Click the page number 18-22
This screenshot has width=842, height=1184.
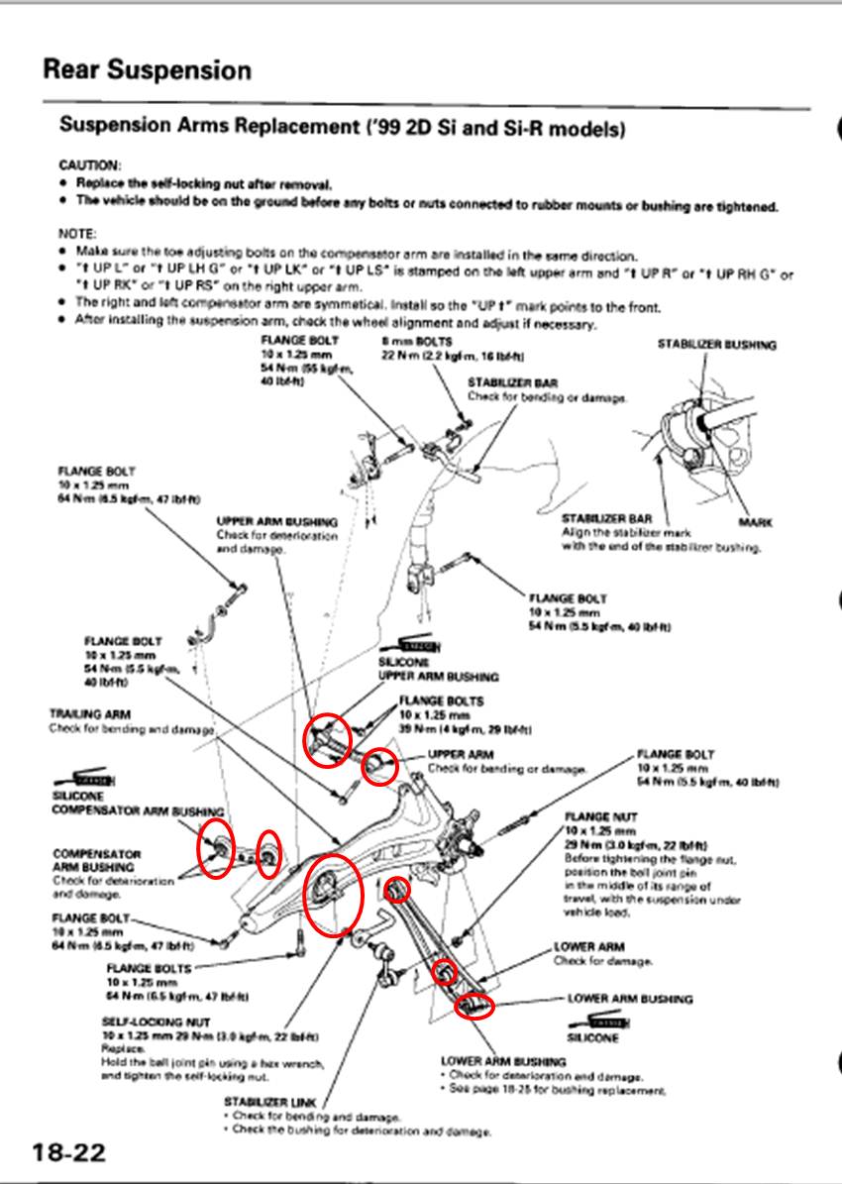click(x=67, y=1152)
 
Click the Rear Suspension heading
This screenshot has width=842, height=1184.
click(x=147, y=70)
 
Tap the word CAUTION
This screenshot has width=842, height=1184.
click(x=90, y=164)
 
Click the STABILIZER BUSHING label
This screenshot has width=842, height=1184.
click(x=717, y=345)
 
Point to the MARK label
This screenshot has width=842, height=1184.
click(x=755, y=521)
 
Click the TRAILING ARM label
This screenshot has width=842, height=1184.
click(x=90, y=713)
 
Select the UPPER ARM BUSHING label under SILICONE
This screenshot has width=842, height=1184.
click(x=438, y=677)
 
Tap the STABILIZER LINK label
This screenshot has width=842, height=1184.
click(x=270, y=1101)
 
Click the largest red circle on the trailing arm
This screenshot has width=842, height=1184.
click(x=332, y=894)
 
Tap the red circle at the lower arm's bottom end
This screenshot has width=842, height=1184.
click(x=474, y=1006)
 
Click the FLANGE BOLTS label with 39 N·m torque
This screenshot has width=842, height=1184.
click(x=442, y=700)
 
